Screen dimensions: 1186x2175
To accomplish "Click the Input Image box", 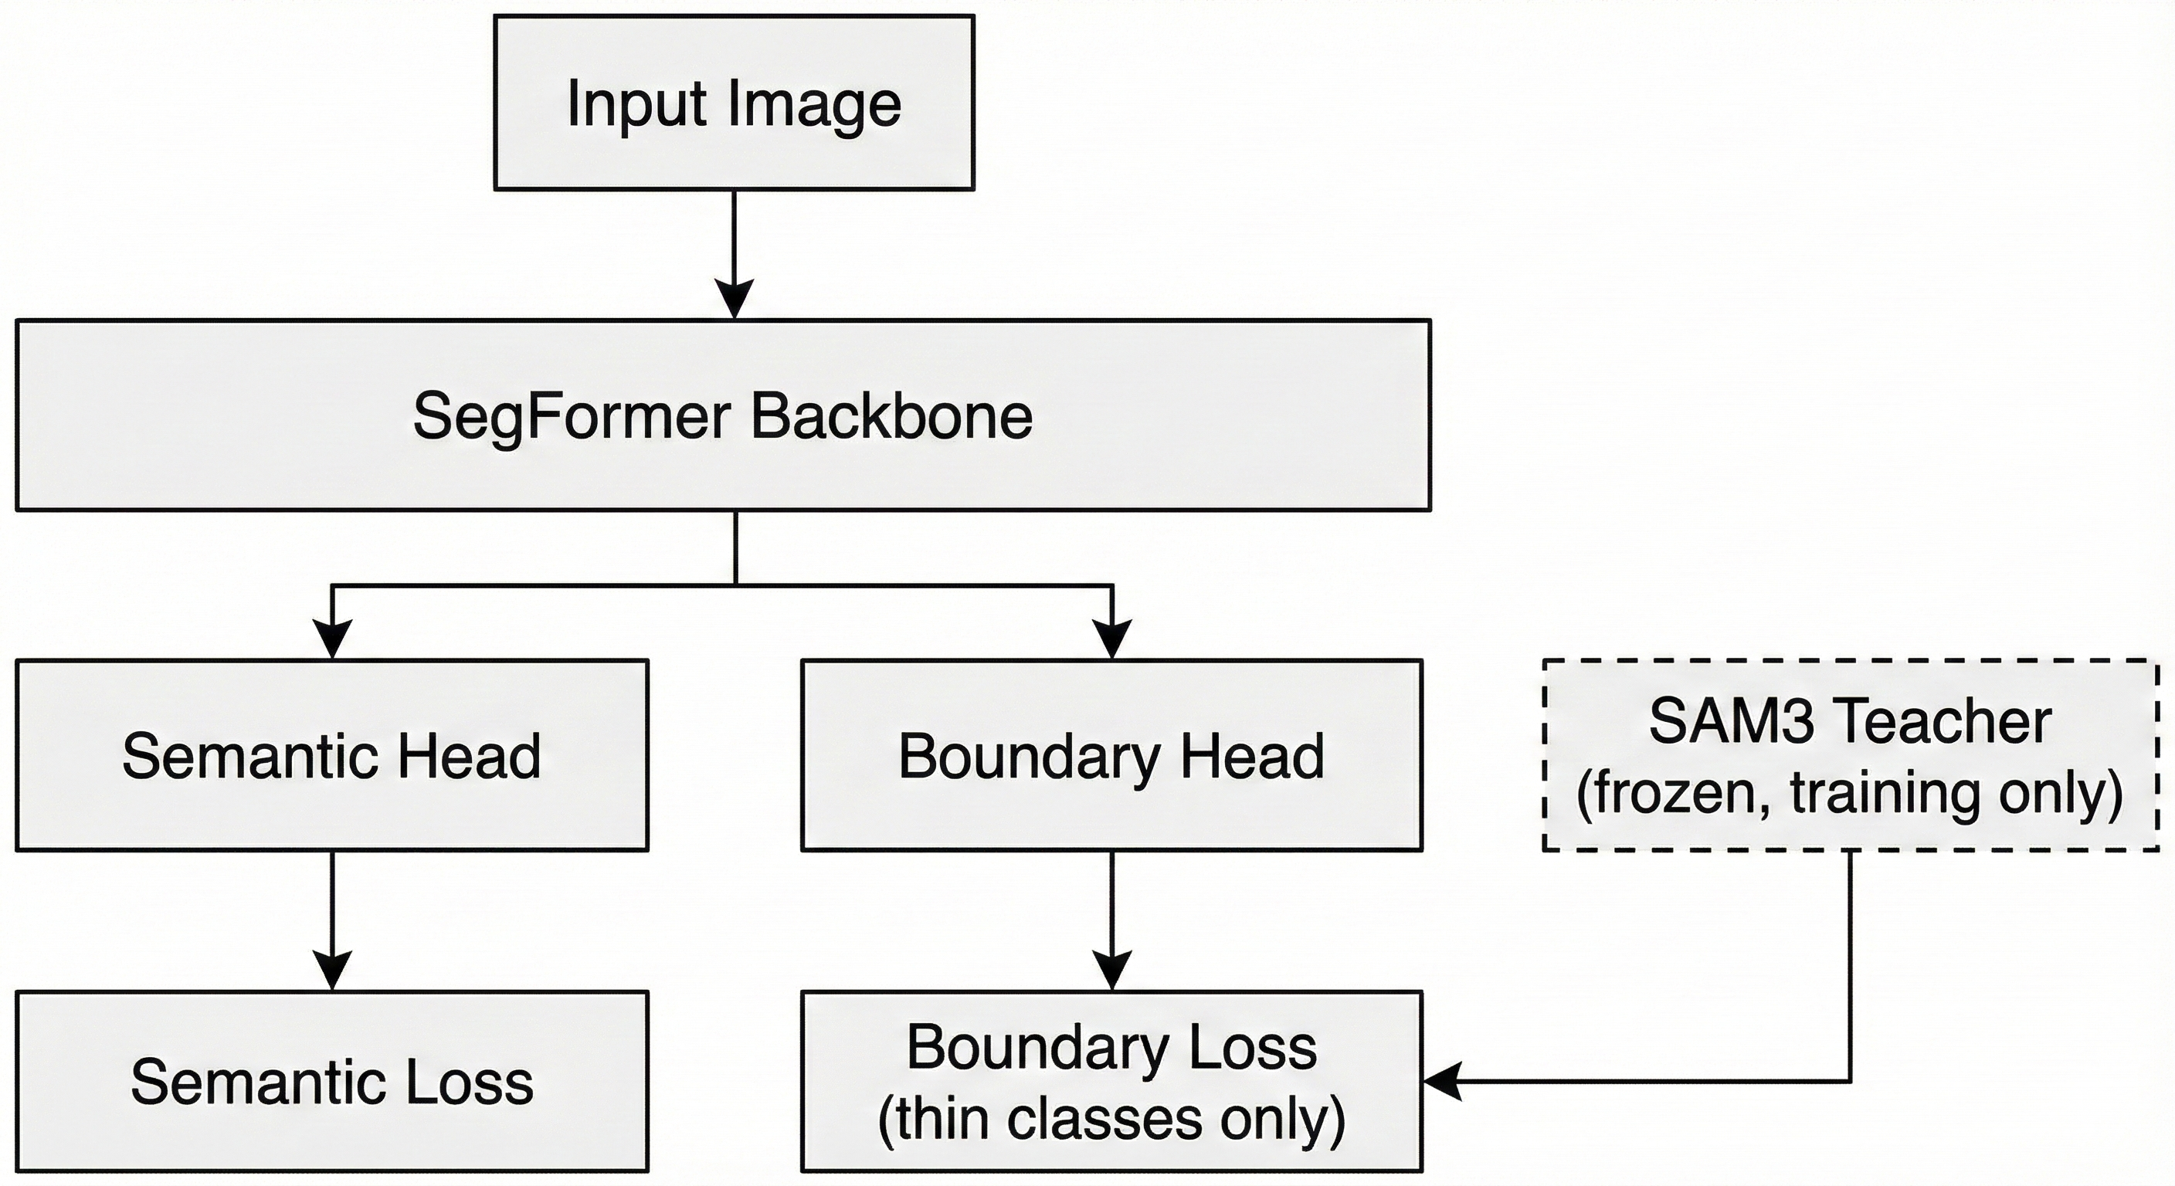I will (x=733, y=102).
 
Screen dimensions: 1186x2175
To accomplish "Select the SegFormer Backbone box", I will (x=723, y=415).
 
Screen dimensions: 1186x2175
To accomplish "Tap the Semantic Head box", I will (x=332, y=754).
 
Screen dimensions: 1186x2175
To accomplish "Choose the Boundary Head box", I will (x=1111, y=754).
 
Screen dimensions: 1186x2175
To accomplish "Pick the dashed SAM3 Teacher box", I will (x=1849, y=754).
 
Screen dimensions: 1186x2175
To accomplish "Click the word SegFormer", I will (x=572, y=416).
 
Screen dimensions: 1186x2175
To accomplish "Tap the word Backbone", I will (x=891, y=416).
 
